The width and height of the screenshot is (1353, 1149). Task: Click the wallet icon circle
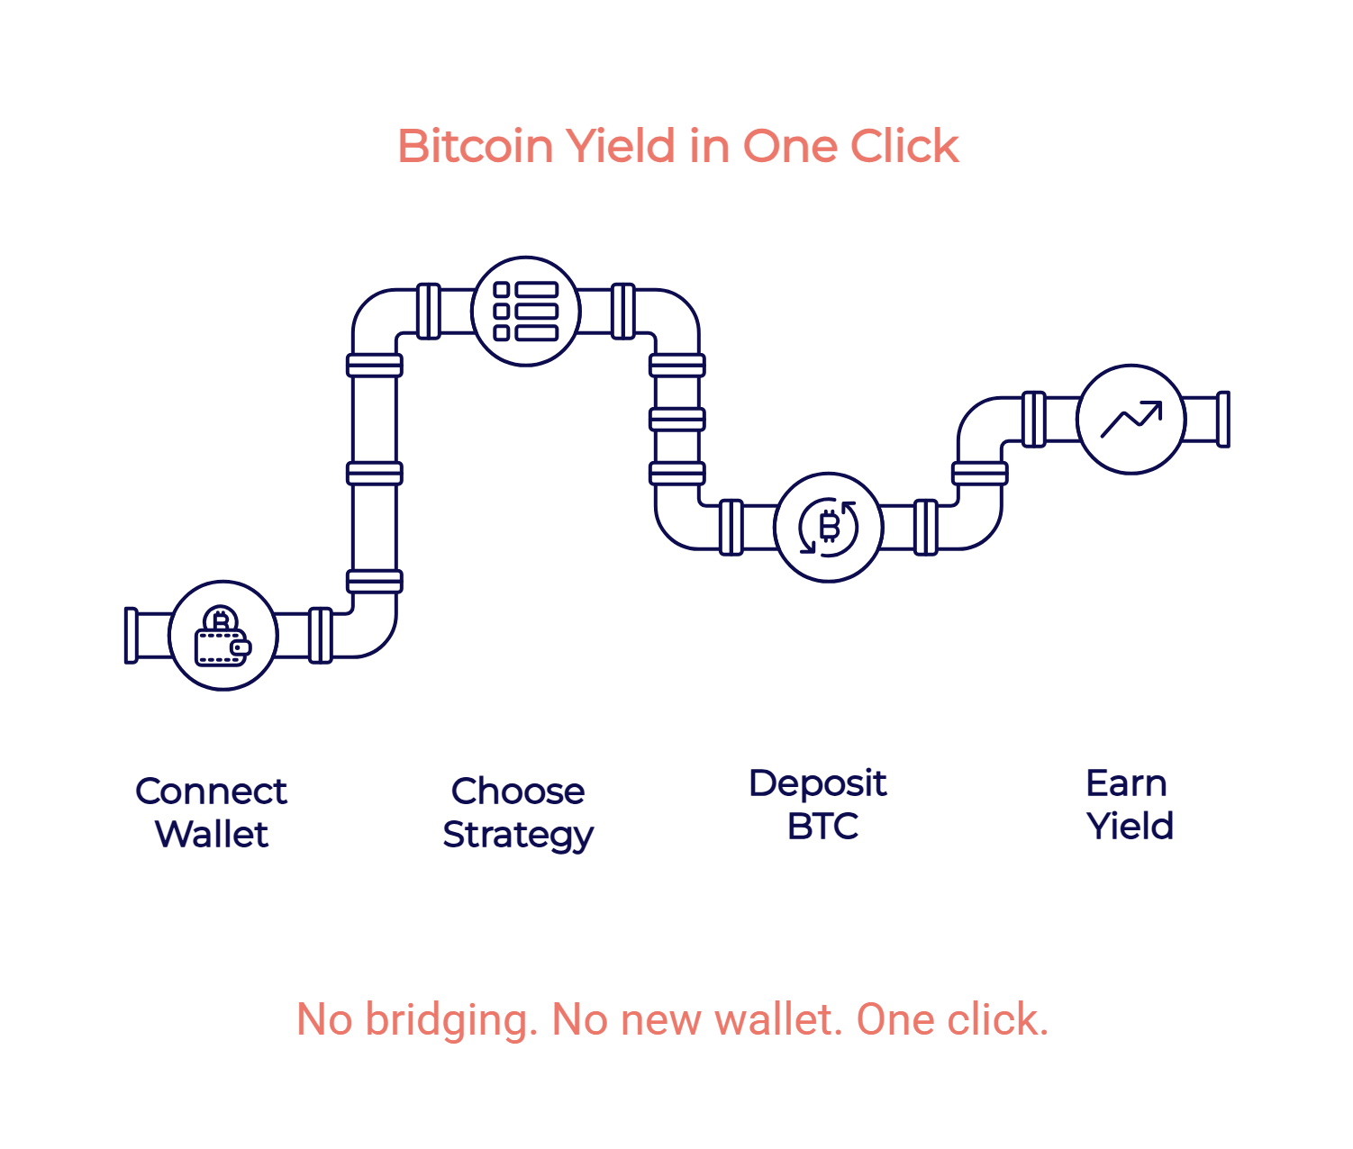(x=222, y=635)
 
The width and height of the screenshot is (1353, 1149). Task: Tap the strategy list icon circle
(x=525, y=312)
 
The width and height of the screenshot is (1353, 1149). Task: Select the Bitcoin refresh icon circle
(x=828, y=527)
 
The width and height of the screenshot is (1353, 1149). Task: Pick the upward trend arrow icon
(x=1131, y=419)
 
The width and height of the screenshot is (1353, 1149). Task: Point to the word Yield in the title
(x=621, y=146)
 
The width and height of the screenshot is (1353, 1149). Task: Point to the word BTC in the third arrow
(x=822, y=827)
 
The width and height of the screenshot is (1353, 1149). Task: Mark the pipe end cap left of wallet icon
(x=131, y=635)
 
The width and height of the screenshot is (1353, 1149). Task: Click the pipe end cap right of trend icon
(x=1223, y=419)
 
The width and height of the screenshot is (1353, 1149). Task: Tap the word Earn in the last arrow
(x=1126, y=783)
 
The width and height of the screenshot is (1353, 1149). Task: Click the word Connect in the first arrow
(x=211, y=792)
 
